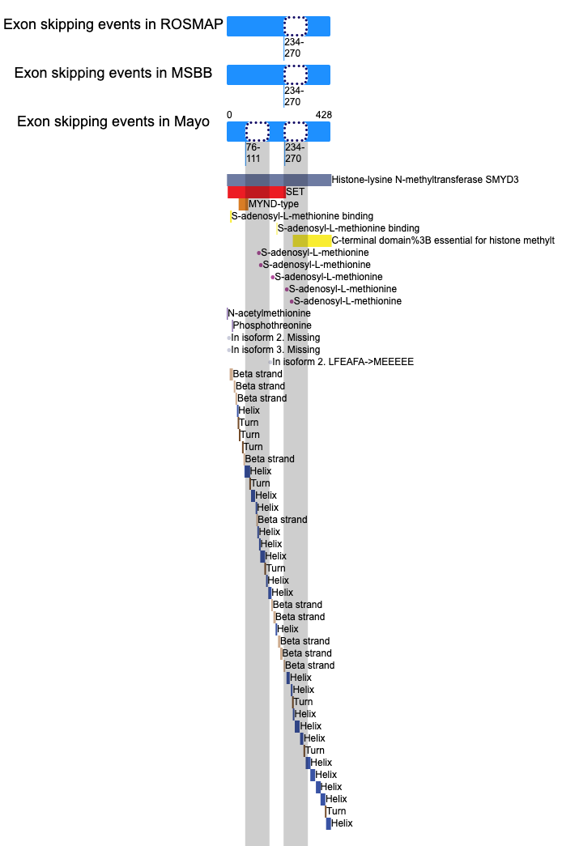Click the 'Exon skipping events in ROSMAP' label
113,24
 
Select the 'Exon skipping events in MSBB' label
113,73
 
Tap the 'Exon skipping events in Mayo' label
113,121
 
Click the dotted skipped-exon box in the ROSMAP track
296,26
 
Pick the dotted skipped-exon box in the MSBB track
296,74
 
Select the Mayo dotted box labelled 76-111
258,132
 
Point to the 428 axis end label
324,115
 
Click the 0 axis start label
229,115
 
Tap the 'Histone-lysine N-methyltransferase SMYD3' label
425,180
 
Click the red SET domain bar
257,192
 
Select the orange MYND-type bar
244,205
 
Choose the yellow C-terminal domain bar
312,240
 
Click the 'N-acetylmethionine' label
269,313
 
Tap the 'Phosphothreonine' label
272,325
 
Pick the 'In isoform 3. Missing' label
275,350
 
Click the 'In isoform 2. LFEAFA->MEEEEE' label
343,362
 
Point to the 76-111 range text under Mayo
253,153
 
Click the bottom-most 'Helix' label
342,823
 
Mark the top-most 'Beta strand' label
258,374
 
